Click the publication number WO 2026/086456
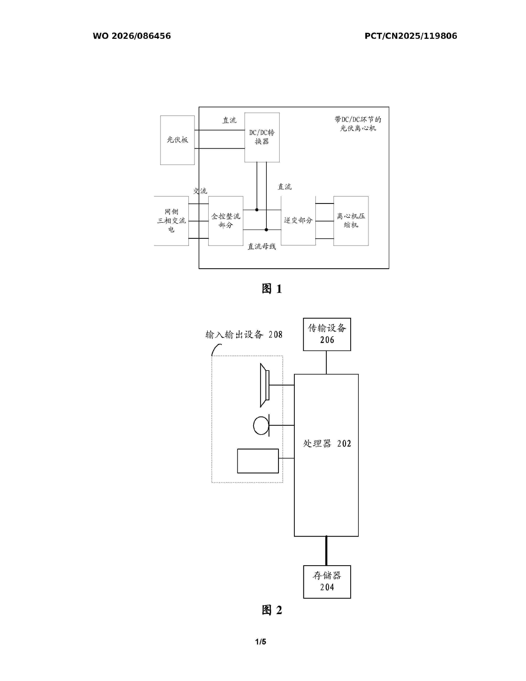click(x=132, y=36)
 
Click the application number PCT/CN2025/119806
click(x=411, y=36)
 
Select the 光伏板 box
click(x=177, y=140)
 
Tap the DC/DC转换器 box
click(x=262, y=137)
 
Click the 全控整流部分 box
click(x=226, y=221)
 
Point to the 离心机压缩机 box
click(x=351, y=221)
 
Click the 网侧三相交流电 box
click(x=171, y=221)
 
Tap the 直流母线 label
click(x=262, y=247)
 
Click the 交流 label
click(x=200, y=191)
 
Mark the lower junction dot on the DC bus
click(x=267, y=230)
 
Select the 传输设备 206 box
click(x=327, y=334)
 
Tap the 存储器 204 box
click(x=327, y=582)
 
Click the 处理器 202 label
click(x=327, y=443)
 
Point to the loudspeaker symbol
click(x=265, y=385)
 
